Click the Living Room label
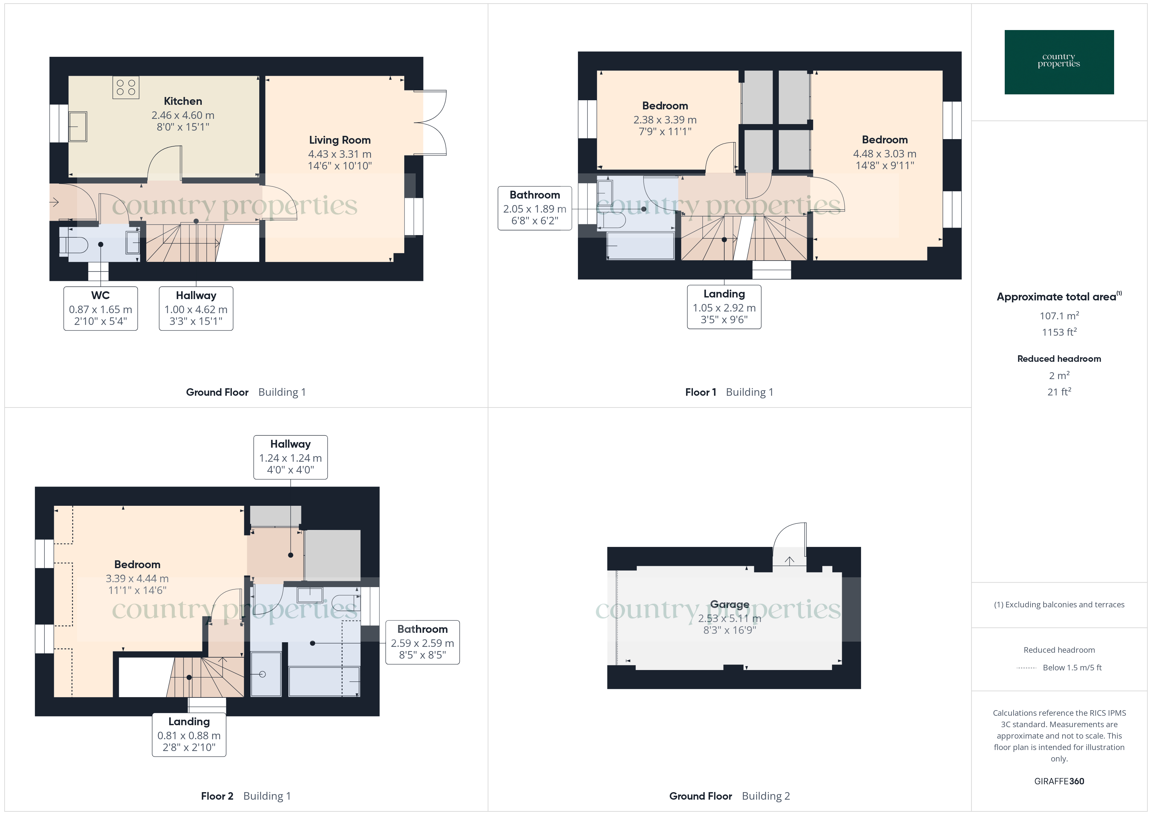click(x=340, y=140)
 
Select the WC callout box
click(x=100, y=308)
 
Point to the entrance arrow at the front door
click(x=55, y=202)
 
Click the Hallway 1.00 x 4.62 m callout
click(x=196, y=308)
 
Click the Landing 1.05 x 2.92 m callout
click(x=724, y=307)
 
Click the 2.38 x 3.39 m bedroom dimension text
click(x=665, y=120)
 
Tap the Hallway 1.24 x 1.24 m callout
click(x=291, y=457)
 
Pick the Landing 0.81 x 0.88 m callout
click(x=189, y=735)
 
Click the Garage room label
click(x=729, y=604)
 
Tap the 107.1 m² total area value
click(x=1059, y=316)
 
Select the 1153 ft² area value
click(x=1059, y=332)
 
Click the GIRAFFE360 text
click(x=1059, y=781)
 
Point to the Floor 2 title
click(x=217, y=796)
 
